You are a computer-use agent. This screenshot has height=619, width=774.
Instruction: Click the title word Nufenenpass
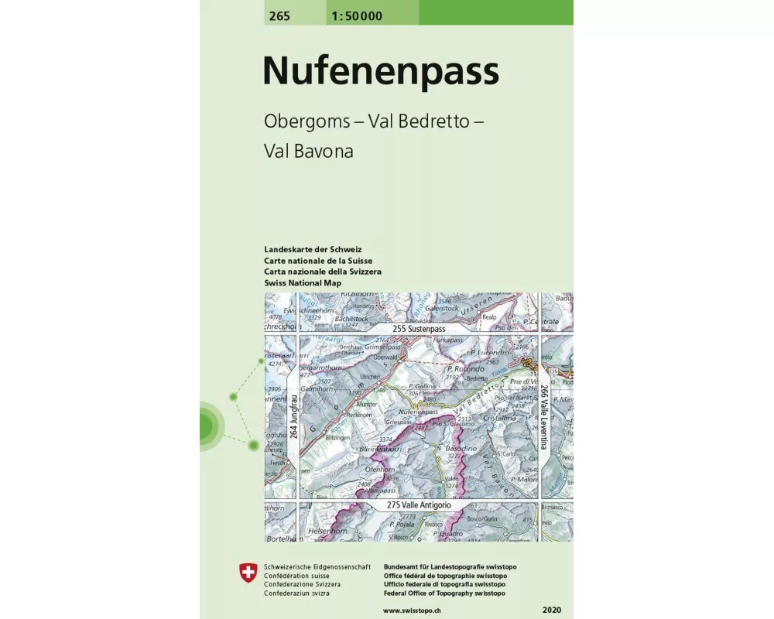(380, 71)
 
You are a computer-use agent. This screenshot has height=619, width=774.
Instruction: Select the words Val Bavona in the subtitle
(308, 152)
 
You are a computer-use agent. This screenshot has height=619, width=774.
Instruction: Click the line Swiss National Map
(303, 283)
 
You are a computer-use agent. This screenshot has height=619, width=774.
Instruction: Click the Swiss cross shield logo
(248, 573)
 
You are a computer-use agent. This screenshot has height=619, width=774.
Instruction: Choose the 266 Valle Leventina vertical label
(544, 417)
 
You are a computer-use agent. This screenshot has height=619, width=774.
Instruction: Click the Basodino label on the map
(460, 448)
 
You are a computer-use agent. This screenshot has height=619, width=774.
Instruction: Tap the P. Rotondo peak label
(467, 369)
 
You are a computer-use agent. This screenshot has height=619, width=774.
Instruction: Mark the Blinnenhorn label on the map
(379, 448)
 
